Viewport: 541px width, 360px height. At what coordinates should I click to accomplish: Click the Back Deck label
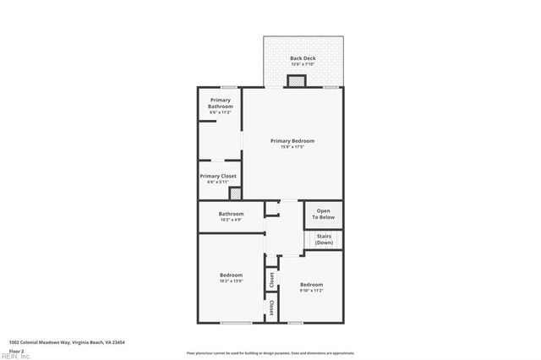[303, 57]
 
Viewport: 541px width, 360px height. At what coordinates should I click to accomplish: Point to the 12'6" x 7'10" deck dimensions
[303, 64]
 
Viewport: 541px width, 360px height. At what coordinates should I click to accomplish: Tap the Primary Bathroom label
[221, 103]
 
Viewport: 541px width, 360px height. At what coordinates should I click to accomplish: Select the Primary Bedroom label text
[292, 140]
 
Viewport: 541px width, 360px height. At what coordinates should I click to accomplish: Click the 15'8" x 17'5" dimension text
[292, 147]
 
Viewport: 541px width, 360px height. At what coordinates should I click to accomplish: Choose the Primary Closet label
[221, 176]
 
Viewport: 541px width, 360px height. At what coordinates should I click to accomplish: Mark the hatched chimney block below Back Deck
[296, 81]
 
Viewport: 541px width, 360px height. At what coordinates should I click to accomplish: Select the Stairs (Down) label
[325, 239]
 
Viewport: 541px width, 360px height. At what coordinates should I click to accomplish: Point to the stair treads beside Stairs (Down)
[309, 239]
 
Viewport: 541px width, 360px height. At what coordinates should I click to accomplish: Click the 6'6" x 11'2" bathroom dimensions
[221, 112]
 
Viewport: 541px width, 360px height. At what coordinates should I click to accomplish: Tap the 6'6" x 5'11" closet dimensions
[221, 182]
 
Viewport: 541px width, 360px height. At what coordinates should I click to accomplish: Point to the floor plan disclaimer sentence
[270, 352]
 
